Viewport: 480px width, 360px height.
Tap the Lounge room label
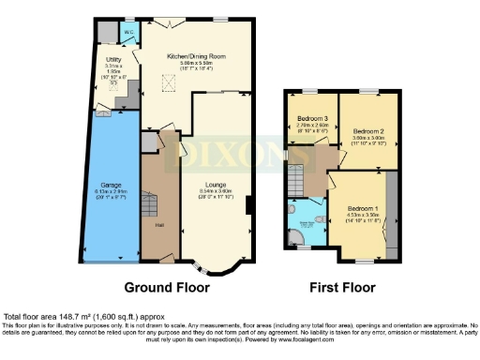coord(217,186)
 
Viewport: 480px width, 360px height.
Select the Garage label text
coord(111,186)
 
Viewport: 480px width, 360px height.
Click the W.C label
coord(128,33)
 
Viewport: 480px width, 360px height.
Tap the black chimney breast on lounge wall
coord(247,205)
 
